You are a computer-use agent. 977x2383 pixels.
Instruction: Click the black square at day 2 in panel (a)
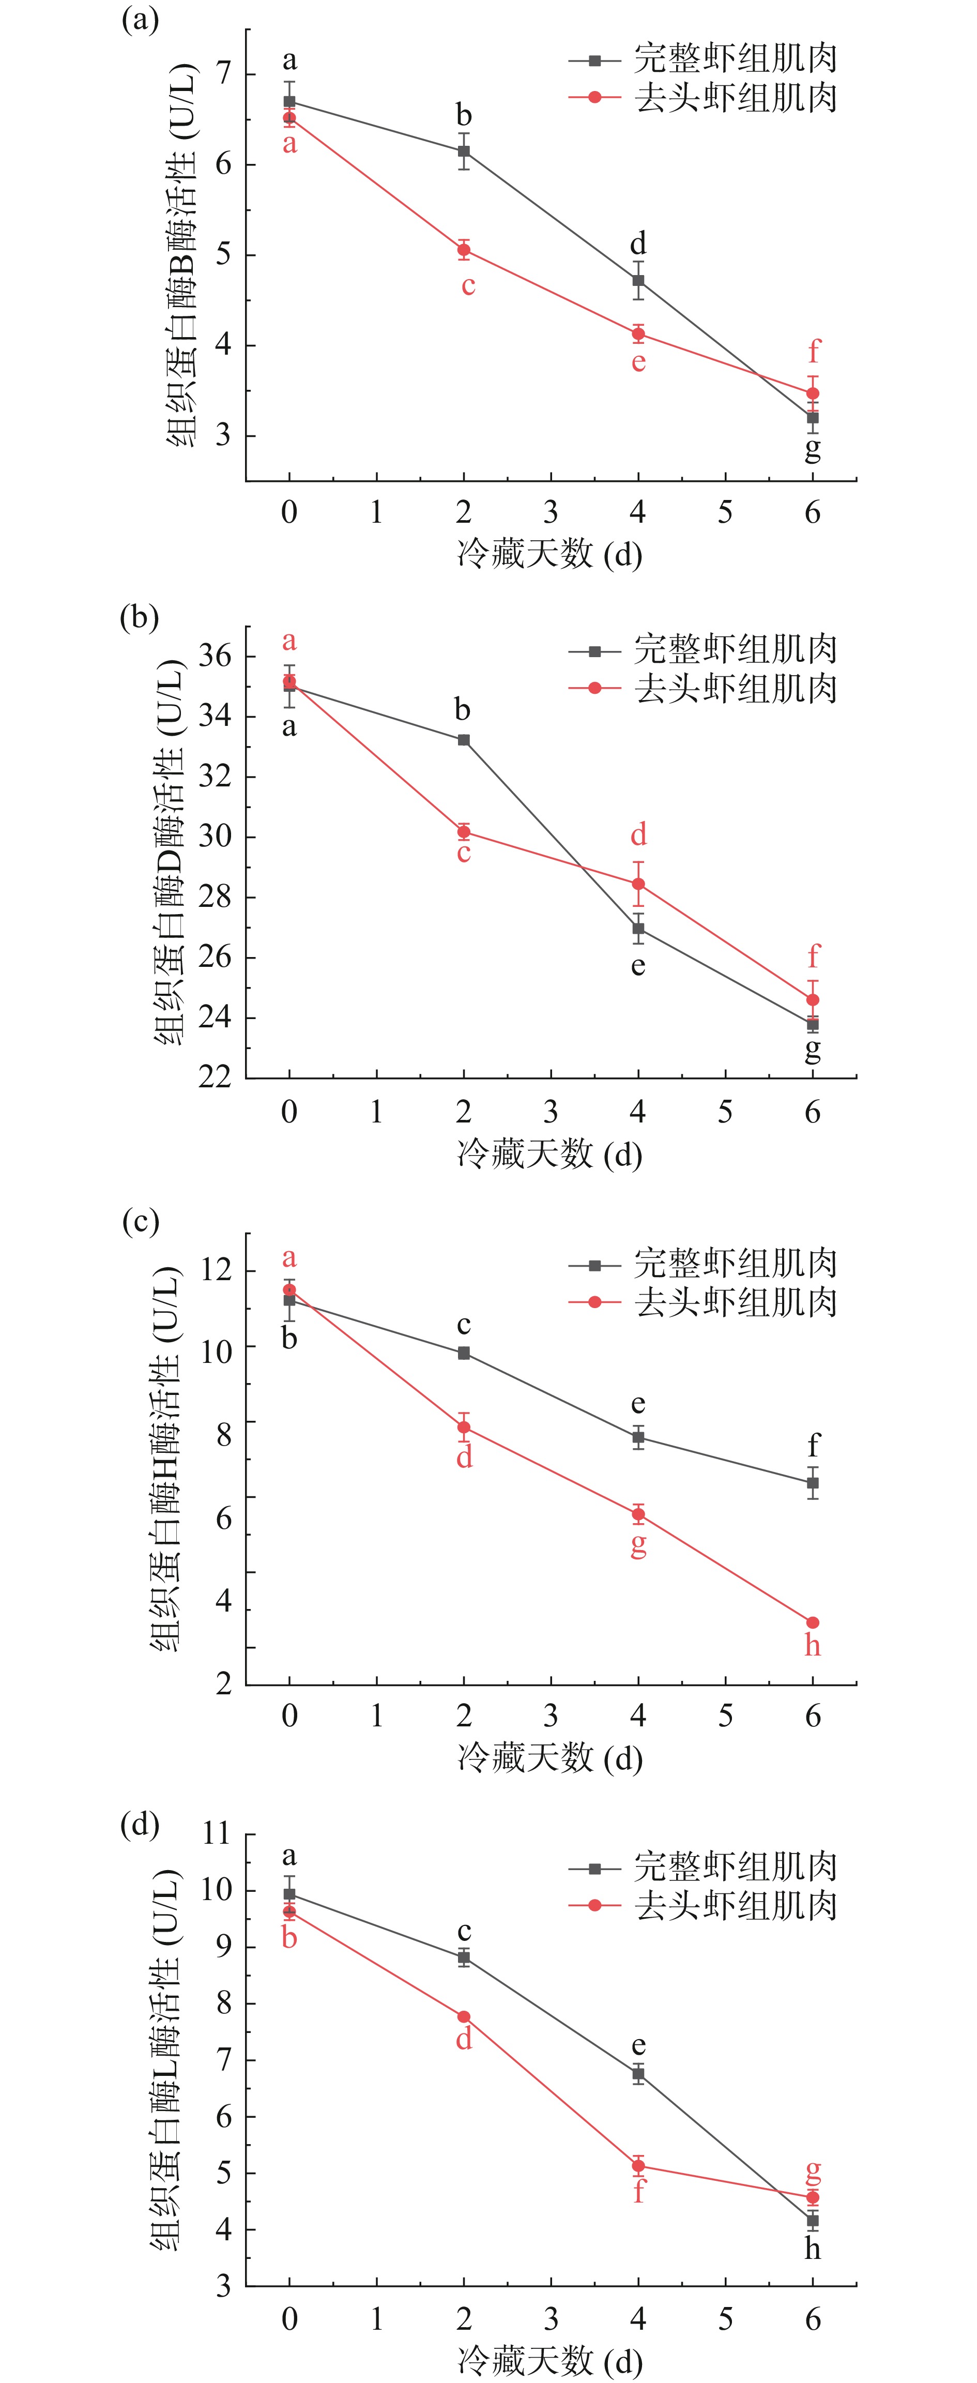(x=464, y=151)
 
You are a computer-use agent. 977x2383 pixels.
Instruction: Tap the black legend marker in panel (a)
(x=595, y=60)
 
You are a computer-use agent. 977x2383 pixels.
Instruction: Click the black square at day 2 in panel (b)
(x=464, y=740)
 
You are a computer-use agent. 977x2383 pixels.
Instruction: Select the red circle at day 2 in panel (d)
(x=464, y=2016)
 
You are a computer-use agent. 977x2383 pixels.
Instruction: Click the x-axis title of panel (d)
(x=549, y=2360)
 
